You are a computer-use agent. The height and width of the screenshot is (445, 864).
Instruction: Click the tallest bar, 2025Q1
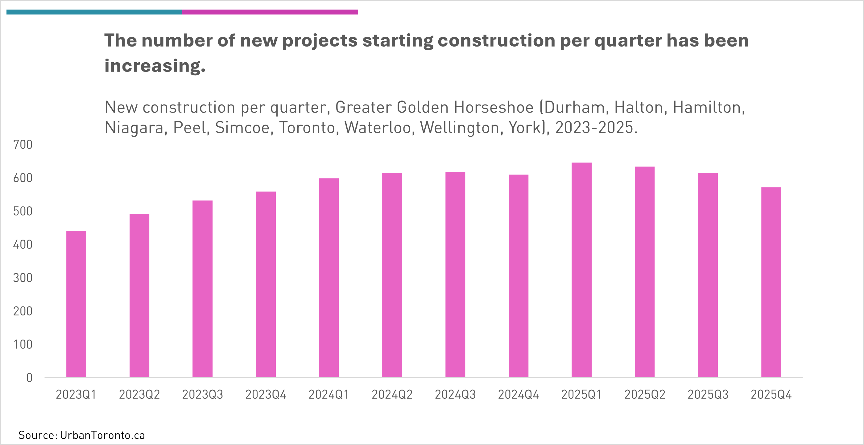tap(581, 270)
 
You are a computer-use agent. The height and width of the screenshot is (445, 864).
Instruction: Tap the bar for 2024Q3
tap(455, 275)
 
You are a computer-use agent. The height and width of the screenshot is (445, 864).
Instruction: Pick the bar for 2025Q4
tap(771, 282)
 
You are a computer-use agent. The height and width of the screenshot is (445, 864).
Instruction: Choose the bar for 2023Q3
tap(202, 289)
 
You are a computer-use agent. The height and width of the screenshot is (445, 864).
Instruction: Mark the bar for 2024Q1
tap(329, 278)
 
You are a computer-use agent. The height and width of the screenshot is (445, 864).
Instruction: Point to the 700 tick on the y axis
tap(23, 145)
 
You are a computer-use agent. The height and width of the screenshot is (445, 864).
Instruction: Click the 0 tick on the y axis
tap(30, 378)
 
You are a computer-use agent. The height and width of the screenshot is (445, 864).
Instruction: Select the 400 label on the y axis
tap(23, 245)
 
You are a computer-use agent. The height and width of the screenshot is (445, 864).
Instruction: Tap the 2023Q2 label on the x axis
tap(139, 395)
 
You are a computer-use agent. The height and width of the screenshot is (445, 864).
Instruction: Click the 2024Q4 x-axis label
tap(518, 395)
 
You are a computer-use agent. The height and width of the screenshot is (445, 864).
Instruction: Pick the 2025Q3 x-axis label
tap(708, 395)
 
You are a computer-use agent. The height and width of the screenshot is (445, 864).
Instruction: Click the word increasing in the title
tap(155, 66)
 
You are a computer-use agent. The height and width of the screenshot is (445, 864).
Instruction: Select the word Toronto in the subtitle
tap(307, 128)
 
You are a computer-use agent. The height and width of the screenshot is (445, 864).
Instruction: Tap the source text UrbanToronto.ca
tap(102, 435)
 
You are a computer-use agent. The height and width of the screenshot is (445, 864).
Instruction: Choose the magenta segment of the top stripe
tap(270, 12)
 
